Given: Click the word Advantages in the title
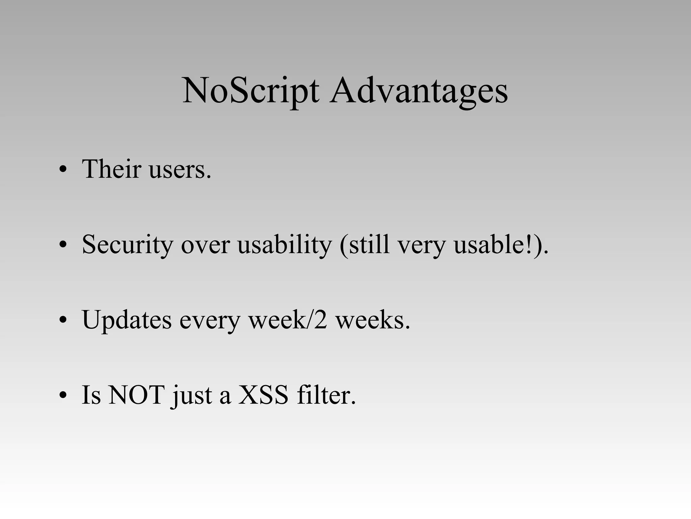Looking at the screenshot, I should tap(419, 91).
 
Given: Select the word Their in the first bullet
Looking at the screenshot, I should tap(111, 169).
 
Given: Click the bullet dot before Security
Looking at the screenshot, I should tap(63, 245).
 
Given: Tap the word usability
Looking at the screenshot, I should tap(284, 245).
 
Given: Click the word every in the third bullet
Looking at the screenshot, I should tap(210, 321).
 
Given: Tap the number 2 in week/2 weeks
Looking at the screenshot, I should tap(320, 319).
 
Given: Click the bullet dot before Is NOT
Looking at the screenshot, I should tap(63, 396).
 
